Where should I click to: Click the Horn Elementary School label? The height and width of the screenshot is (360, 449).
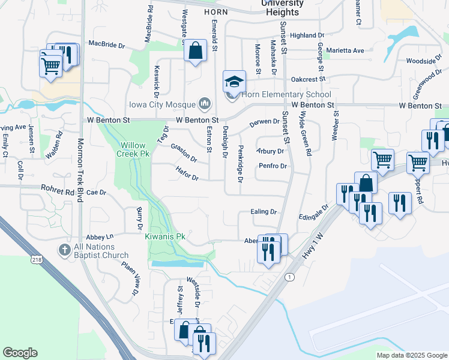pyautogui.click(x=286, y=95)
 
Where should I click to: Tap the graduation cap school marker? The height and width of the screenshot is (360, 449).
pyautogui.click(x=235, y=81)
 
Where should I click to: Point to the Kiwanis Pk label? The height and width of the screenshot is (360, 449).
pyautogui.click(x=165, y=237)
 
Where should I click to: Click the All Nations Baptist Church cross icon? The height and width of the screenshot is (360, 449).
pyautogui.click(x=65, y=248)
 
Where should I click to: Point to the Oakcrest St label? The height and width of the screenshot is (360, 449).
pyautogui.click(x=307, y=79)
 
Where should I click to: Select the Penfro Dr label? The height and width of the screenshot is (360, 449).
pyautogui.click(x=273, y=166)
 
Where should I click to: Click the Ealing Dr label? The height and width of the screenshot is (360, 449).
pyautogui.click(x=264, y=212)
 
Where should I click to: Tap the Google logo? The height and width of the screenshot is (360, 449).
pyautogui.click(x=20, y=353)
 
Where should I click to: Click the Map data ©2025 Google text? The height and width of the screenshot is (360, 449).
pyautogui.click(x=411, y=355)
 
